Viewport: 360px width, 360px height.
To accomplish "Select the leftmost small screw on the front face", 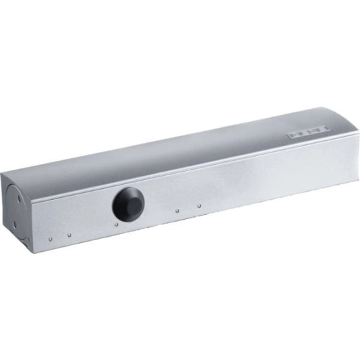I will (51, 239).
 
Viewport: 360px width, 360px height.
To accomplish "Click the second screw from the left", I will (69, 236).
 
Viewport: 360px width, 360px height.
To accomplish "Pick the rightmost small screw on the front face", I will (199, 205).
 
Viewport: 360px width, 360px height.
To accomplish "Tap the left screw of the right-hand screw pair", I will (177, 210).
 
